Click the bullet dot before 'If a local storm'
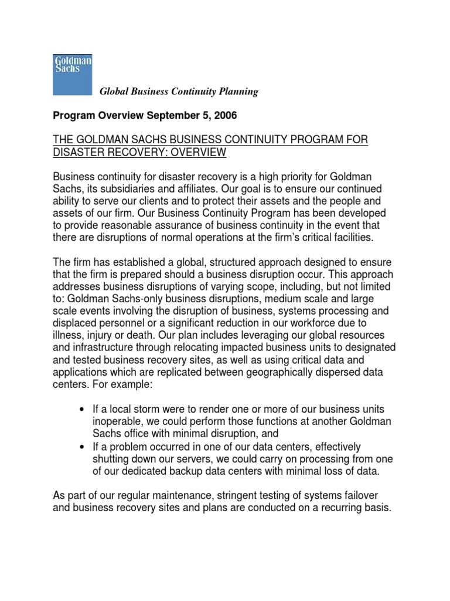[x=80, y=409]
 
